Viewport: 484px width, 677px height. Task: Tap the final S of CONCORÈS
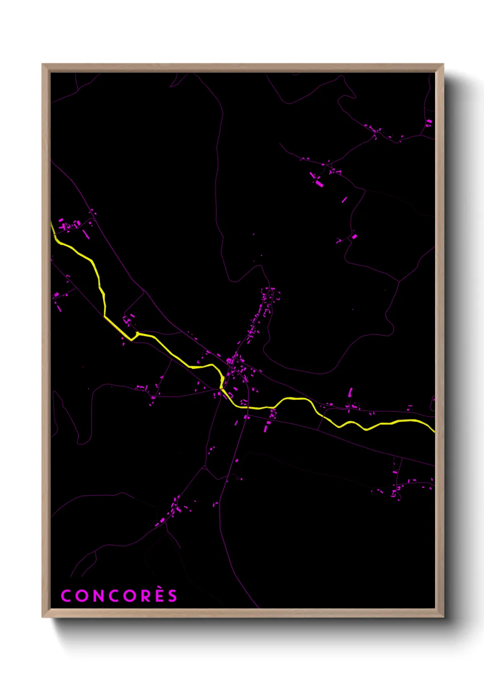pos(172,596)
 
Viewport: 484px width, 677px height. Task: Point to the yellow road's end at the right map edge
pos(434,430)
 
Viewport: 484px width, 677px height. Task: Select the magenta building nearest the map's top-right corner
pos(429,123)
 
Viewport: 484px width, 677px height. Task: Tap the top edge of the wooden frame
pos(242,67)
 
